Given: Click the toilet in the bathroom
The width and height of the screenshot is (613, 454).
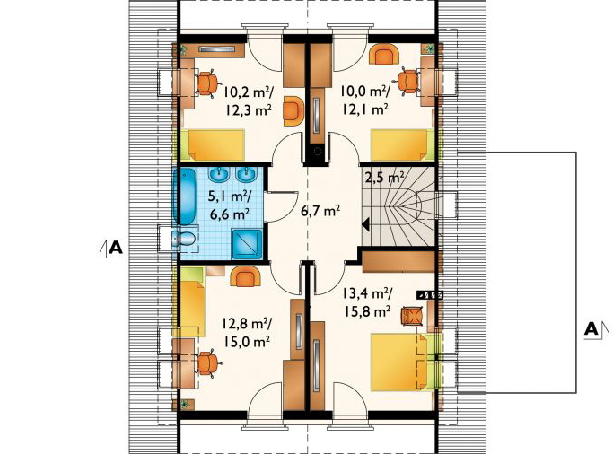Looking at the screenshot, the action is (x=183, y=238).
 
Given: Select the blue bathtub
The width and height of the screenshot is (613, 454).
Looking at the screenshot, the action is (x=187, y=196).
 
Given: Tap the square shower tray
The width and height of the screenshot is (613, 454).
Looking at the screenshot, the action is (x=247, y=244).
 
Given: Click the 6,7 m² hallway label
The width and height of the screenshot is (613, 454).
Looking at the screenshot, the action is (x=320, y=211).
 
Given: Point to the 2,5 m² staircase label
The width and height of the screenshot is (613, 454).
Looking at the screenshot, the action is (x=385, y=178).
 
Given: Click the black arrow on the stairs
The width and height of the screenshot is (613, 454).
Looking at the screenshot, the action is (x=366, y=224).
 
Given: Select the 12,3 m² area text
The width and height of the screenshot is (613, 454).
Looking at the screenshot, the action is (x=248, y=110).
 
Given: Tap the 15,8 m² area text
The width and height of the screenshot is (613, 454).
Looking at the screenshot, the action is (x=367, y=311).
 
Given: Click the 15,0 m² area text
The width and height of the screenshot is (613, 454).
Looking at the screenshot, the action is (x=247, y=342).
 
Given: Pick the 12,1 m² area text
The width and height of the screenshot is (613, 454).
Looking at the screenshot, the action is (x=364, y=109).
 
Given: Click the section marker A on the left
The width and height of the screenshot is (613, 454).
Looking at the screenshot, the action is (x=116, y=248).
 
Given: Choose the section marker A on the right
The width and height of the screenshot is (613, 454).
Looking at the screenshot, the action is (x=591, y=329).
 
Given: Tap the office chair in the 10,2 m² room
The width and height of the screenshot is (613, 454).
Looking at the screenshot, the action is (x=206, y=83).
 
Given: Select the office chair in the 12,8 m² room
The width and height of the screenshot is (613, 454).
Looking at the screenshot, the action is (x=207, y=363).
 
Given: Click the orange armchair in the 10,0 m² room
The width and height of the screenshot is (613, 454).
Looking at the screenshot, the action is (x=383, y=54).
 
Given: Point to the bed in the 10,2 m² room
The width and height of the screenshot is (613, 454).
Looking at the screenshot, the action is (x=213, y=145).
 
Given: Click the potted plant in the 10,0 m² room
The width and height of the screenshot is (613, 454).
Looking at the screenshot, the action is (x=430, y=48).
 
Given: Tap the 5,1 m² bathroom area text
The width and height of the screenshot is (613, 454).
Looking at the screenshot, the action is (x=230, y=196).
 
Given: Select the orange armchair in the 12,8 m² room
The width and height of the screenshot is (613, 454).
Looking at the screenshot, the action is (x=245, y=277).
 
